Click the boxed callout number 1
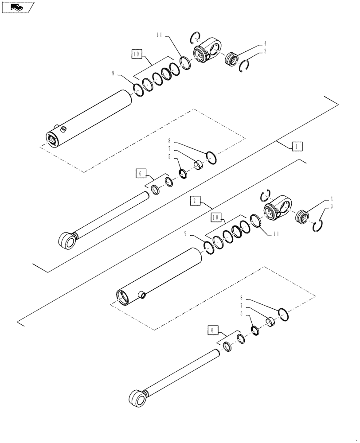pyautogui.click(x=297, y=145)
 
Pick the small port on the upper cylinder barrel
pyautogui.click(x=63, y=129)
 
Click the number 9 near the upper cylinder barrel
pyautogui.click(x=114, y=74)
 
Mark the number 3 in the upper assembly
pyautogui.click(x=265, y=51)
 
